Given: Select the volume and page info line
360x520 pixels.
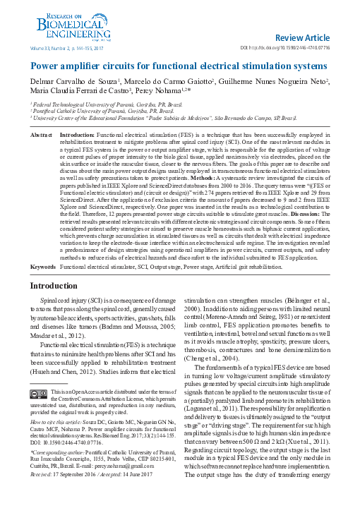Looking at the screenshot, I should pos(67,48).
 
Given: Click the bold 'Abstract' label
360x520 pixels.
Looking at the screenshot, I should pos(42,133).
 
